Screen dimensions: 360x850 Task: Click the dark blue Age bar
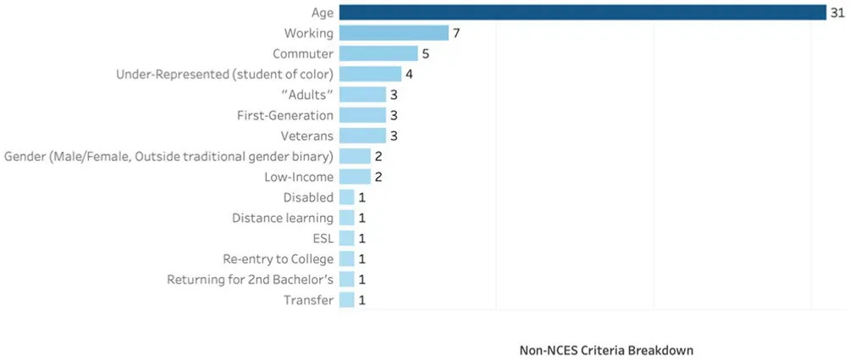pyautogui.click(x=582, y=12)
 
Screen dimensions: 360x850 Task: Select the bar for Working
pyautogui.click(x=394, y=33)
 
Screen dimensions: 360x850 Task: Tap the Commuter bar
pyautogui.click(x=378, y=53)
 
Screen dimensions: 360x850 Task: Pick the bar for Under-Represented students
pyautogui.click(x=370, y=74)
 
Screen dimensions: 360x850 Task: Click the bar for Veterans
pyautogui.click(x=362, y=136)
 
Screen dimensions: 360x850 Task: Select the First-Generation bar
pyautogui.click(x=362, y=115)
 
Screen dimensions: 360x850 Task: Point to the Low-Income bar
pyautogui.click(x=355, y=177)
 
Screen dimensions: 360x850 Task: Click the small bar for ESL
pyautogui.click(x=347, y=239)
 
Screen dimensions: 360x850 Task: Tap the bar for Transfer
pyautogui.click(x=347, y=300)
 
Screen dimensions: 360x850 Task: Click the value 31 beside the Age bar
pyautogui.click(x=837, y=12)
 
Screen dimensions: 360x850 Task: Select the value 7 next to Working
pyautogui.click(x=455, y=33)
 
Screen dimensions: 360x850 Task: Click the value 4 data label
pyautogui.click(x=409, y=74)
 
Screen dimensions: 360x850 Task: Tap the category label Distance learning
pyautogui.click(x=283, y=218)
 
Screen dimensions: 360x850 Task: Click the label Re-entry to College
pyautogui.click(x=279, y=259)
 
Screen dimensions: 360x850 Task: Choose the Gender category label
pyautogui.click(x=168, y=156)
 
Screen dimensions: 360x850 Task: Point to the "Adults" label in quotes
pyautogui.click(x=304, y=95)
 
